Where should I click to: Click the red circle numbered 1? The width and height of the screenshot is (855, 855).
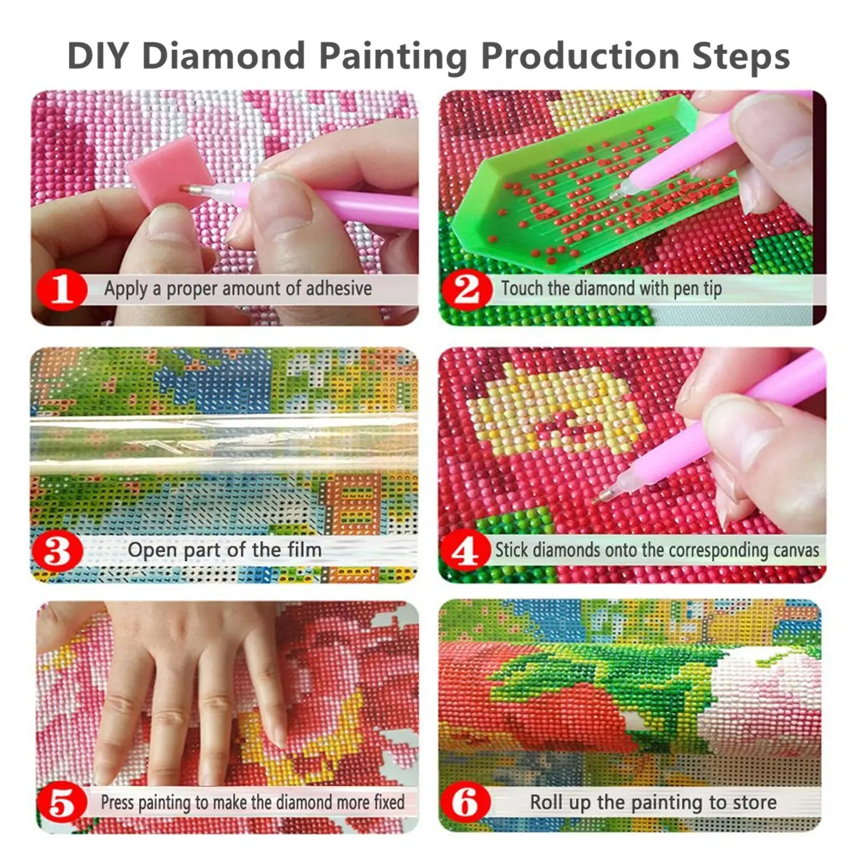pos(62,289)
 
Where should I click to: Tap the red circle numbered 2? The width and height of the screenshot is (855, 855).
pos(467,289)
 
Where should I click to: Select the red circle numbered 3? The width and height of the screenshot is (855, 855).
pos(58,551)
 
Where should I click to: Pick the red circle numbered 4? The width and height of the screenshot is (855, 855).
pos(466,551)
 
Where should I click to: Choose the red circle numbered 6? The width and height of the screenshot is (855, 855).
pos(466,803)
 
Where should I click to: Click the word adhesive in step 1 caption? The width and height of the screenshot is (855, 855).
pos(338,289)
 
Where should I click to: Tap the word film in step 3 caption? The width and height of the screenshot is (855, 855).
pos(304,550)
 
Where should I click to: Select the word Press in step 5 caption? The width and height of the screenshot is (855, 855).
pos(117,802)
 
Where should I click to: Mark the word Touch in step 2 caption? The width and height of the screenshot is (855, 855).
pos(522,289)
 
